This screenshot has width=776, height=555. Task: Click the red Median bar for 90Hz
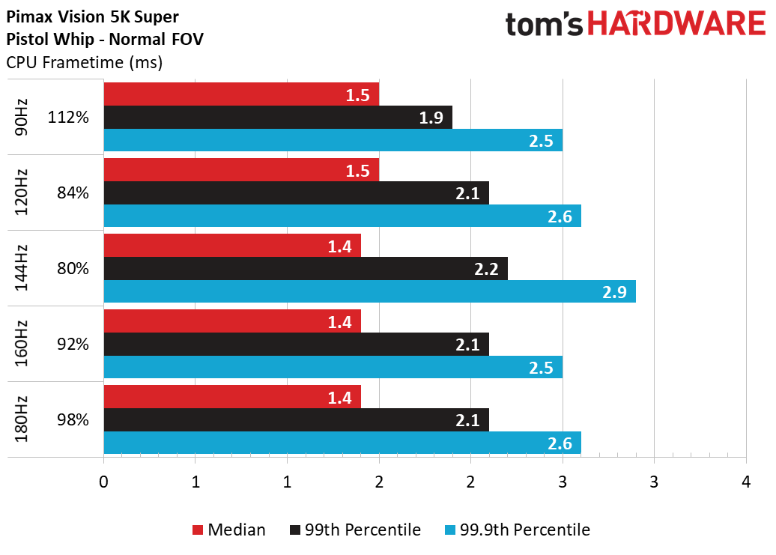click(241, 94)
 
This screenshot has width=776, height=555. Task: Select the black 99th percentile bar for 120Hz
click(297, 193)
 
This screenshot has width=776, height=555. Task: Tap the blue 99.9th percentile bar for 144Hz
click(370, 291)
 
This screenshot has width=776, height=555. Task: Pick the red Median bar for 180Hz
click(233, 397)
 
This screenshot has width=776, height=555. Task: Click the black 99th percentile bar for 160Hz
click(297, 345)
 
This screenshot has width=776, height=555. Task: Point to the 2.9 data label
click(614, 292)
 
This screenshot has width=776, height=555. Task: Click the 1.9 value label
click(431, 118)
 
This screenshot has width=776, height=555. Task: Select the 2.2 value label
click(486, 269)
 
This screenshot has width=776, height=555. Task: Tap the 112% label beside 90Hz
click(68, 118)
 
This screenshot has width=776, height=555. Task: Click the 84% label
click(73, 192)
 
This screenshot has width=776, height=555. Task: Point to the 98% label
click(73, 419)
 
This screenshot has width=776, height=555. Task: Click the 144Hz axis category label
click(21, 268)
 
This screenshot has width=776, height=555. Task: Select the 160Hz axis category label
click(21, 344)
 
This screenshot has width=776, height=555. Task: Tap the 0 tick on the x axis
click(103, 482)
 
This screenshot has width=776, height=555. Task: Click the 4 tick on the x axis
click(746, 482)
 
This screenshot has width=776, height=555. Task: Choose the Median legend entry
click(228, 530)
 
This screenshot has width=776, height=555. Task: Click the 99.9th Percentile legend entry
click(517, 530)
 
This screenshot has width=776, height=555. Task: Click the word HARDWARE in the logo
click(676, 24)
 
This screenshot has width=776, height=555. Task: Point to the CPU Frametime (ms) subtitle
click(85, 63)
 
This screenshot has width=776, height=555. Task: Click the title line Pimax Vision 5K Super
click(93, 16)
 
